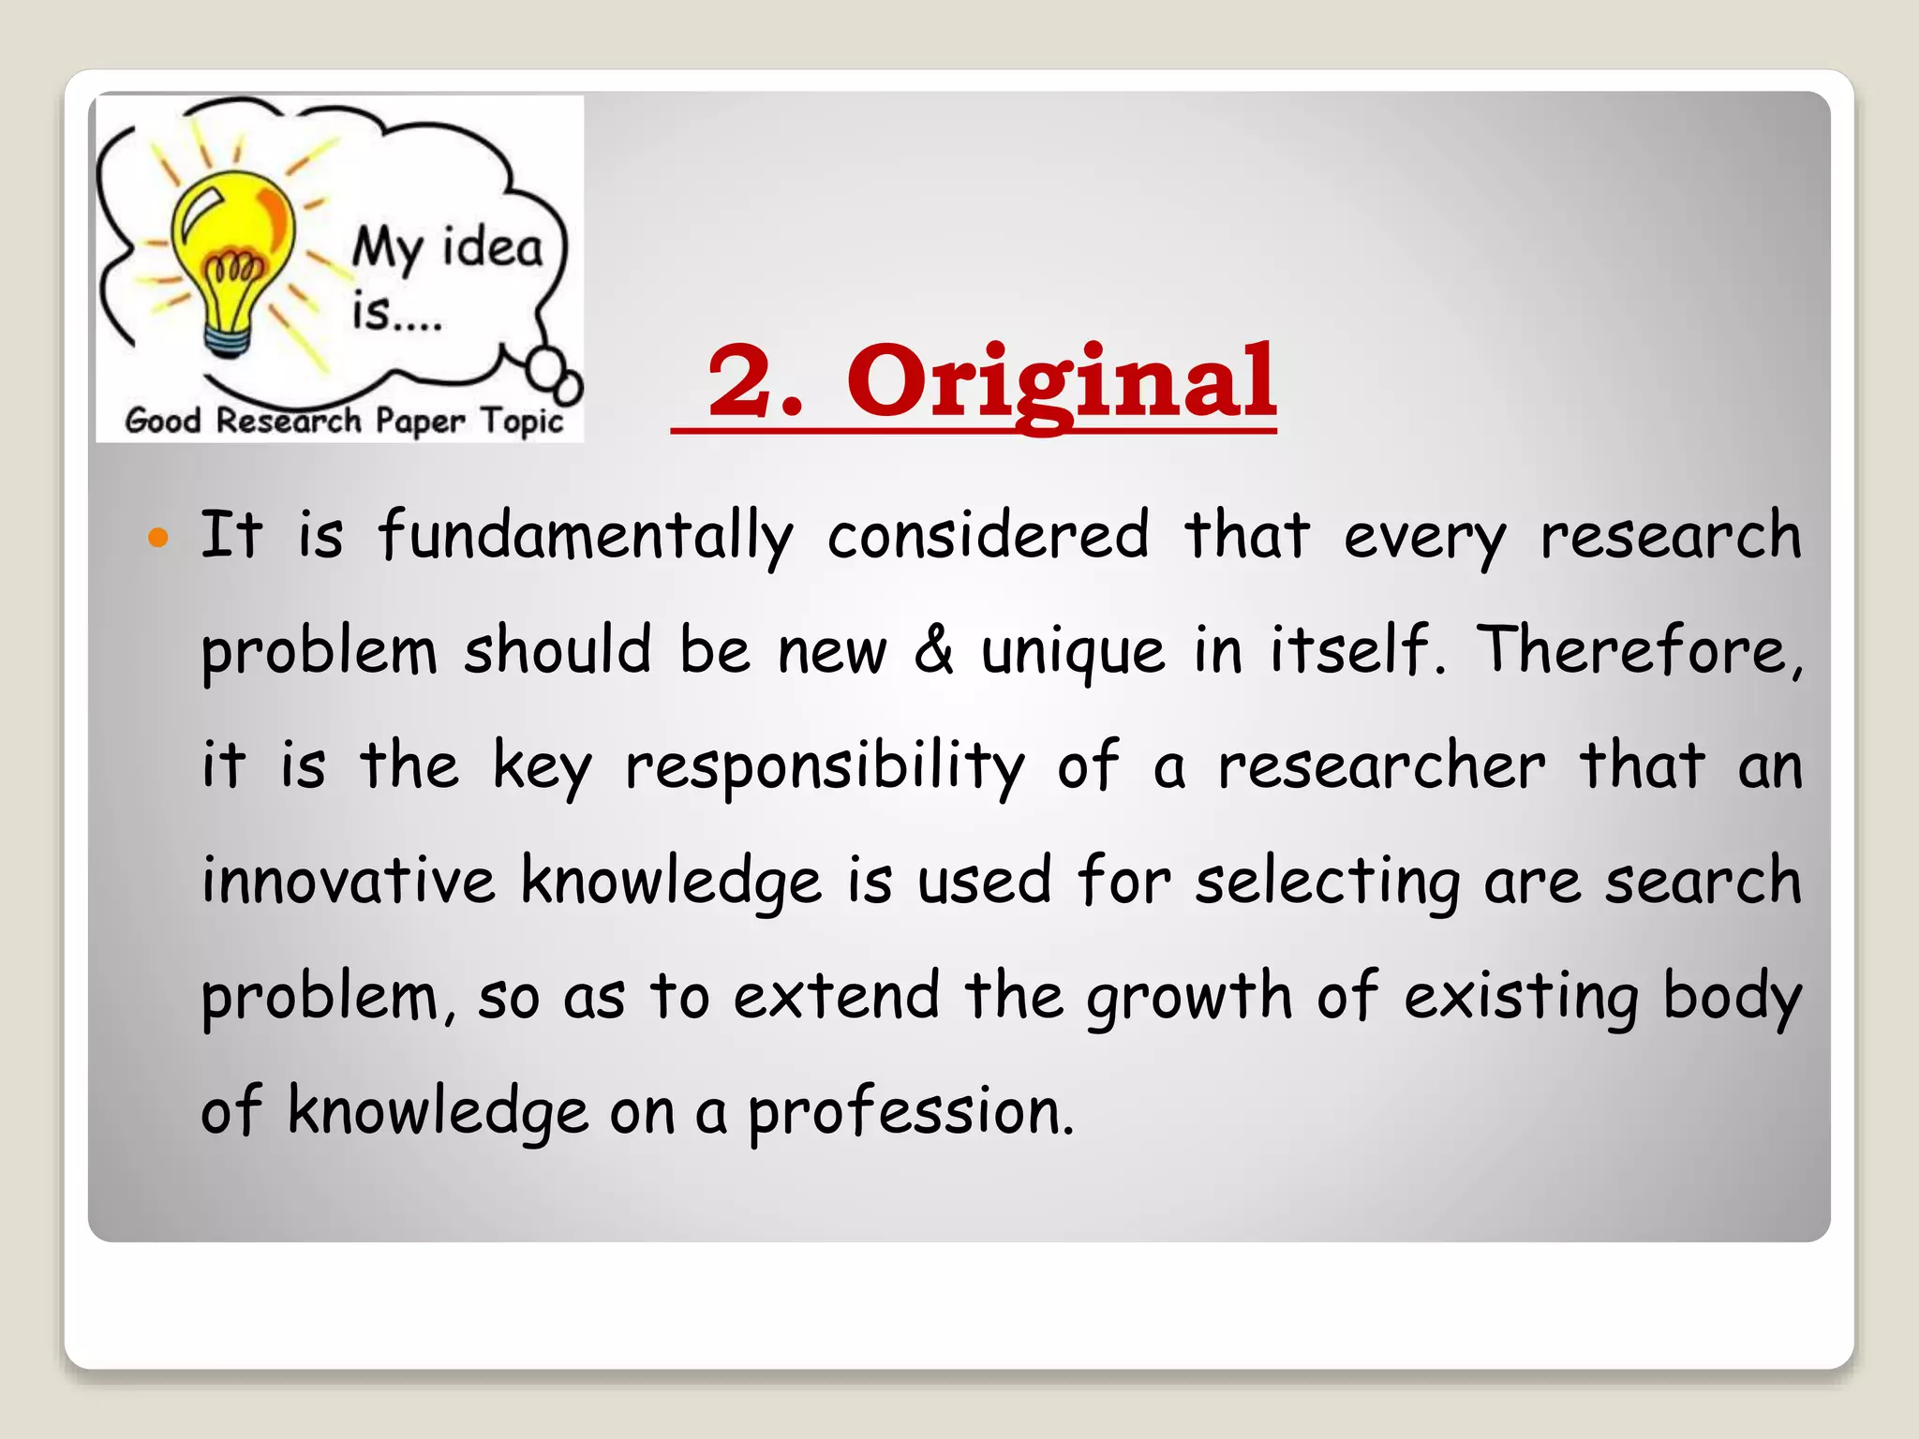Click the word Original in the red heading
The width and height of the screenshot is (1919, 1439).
(x=1061, y=382)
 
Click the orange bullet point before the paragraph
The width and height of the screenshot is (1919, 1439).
(x=158, y=538)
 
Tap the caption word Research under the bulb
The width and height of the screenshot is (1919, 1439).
(x=288, y=421)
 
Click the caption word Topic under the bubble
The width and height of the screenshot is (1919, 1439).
(x=522, y=422)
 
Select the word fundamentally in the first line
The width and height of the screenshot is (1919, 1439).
(x=586, y=537)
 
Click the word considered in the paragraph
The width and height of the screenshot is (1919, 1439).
(x=988, y=537)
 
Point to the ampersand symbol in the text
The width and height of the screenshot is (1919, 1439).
(x=933, y=650)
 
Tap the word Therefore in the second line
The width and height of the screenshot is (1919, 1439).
(x=1639, y=650)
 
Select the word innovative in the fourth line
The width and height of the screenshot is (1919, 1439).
(x=349, y=881)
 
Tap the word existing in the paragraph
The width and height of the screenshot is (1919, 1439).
(x=1522, y=997)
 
